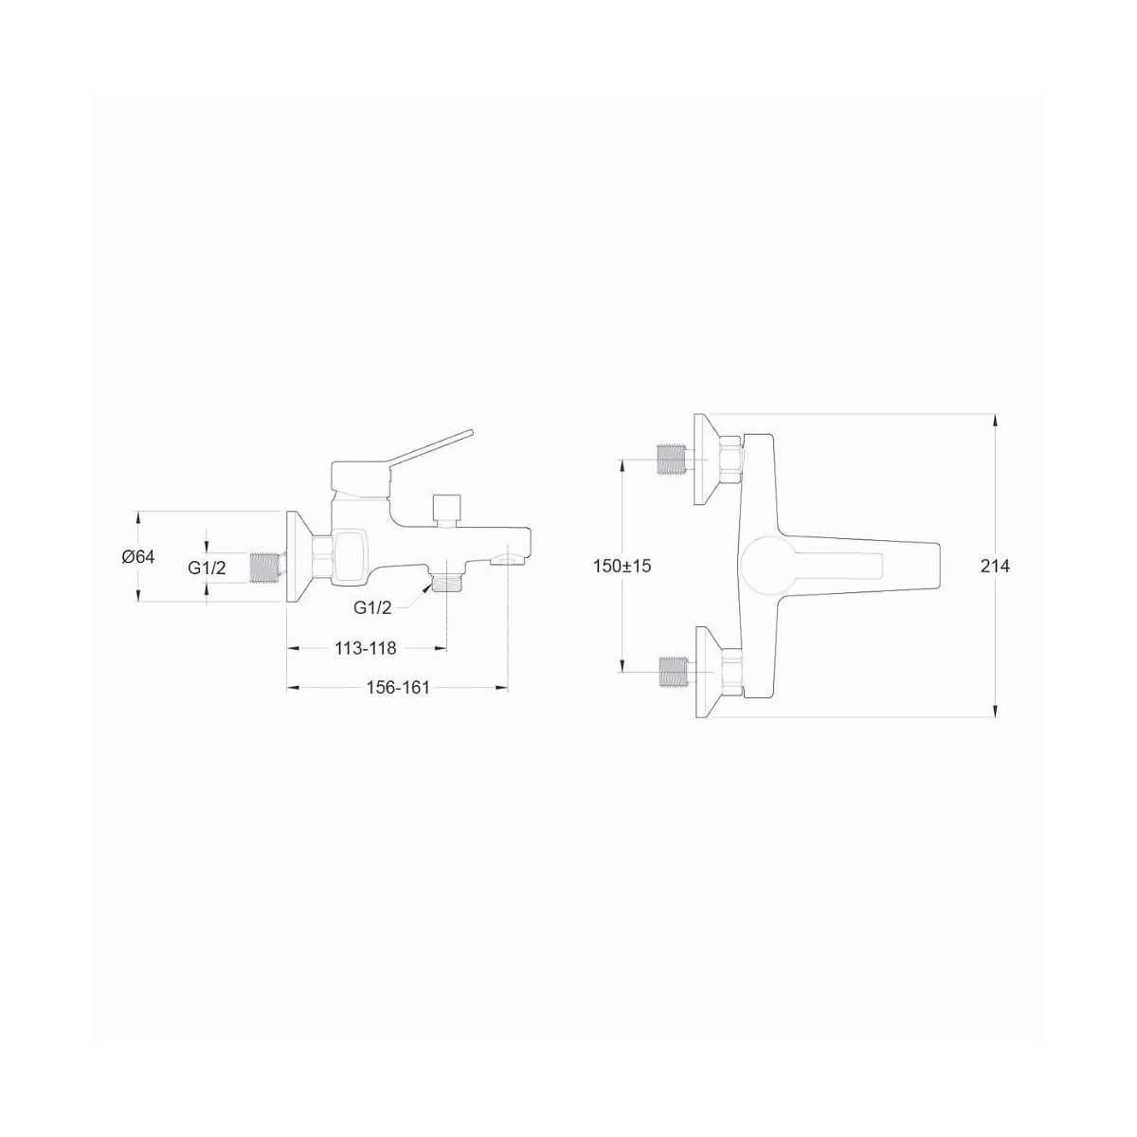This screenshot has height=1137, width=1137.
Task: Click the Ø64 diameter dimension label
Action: (138, 556)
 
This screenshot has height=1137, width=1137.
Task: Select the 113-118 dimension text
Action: (366, 648)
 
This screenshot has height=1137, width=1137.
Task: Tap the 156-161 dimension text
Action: (398, 687)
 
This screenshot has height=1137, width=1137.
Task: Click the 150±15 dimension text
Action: (622, 566)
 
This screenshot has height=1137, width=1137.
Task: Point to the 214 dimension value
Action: (995, 567)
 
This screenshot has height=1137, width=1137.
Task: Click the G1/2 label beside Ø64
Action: (208, 568)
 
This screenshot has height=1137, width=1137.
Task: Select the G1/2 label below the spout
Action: (373, 608)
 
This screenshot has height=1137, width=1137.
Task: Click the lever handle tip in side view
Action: (470, 434)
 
